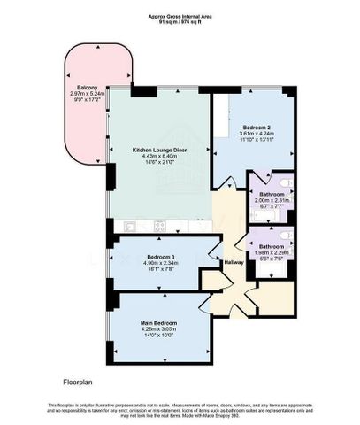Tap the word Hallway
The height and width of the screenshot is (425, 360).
tap(233, 264)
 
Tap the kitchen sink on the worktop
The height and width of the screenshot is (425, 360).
tap(160, 225)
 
